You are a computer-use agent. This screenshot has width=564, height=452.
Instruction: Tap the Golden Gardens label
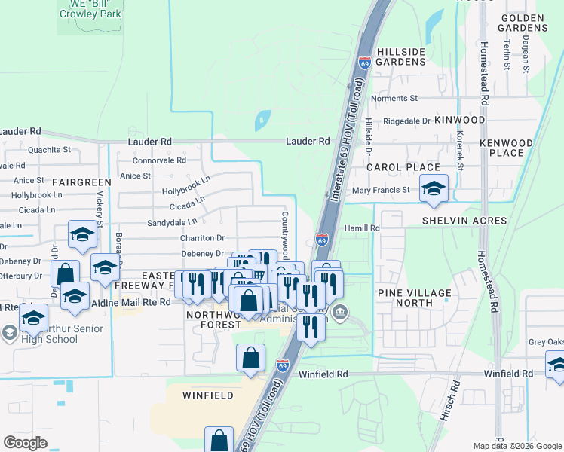point(522,22)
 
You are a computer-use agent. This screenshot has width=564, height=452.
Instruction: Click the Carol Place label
point(403,167)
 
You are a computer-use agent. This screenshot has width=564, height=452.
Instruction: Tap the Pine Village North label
point(415,298)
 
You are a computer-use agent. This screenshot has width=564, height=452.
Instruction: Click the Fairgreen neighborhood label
point(81,182)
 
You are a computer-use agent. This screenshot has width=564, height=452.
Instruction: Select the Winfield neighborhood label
point(208,395)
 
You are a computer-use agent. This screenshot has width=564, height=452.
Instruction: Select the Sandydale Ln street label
point(172,222)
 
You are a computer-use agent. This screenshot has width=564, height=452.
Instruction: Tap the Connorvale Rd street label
point(159,160)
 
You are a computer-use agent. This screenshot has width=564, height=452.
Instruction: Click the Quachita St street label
point(49,150)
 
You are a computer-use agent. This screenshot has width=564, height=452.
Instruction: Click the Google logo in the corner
point(25,443)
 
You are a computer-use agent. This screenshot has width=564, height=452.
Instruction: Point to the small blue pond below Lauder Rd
point(263,120)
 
